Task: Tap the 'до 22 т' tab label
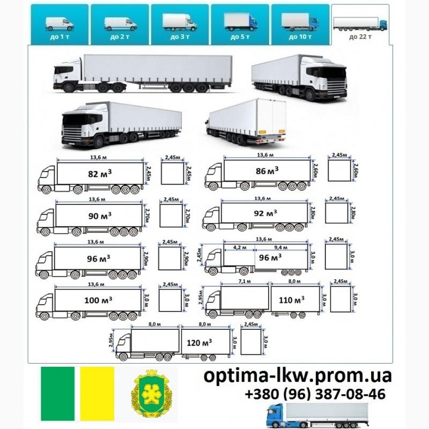(360, 37)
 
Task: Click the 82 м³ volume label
(100, 174)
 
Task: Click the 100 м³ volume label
(98, 300)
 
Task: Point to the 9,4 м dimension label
(280, 248)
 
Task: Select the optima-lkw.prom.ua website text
(298, 376)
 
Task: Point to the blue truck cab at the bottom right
(277, 414)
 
